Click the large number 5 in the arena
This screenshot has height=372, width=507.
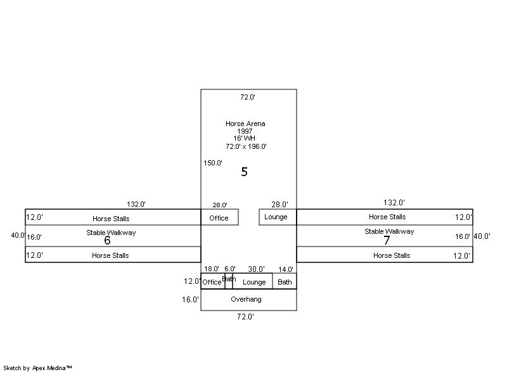point(244,172)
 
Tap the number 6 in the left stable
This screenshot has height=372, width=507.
point(107,241)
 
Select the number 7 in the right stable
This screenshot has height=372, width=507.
point(387,241)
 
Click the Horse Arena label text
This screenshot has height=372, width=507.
point(245,124)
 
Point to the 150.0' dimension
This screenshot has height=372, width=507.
point(213,163)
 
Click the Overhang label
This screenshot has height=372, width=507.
point(246,299)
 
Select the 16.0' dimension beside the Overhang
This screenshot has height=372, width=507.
point(190,300)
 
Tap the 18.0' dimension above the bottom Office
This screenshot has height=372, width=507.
point(212,269)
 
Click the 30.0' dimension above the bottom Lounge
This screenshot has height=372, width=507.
point(256,269)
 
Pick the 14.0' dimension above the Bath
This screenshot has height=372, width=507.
point(286,269)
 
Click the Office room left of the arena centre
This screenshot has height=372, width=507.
point(219,218)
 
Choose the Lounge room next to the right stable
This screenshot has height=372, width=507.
point(276,217)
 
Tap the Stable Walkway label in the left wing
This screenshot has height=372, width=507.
point(111,233)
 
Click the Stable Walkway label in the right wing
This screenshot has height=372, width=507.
point(389,231)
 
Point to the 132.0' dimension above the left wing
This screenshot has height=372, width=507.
point(136,204)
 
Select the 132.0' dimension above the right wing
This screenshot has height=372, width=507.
point(394,203)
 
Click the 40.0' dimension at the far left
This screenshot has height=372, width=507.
point(18,235)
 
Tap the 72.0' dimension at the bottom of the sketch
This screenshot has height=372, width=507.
point(245,317)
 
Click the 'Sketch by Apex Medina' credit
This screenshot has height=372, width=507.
point(37,368)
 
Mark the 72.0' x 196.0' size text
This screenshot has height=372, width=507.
point(246,146)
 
